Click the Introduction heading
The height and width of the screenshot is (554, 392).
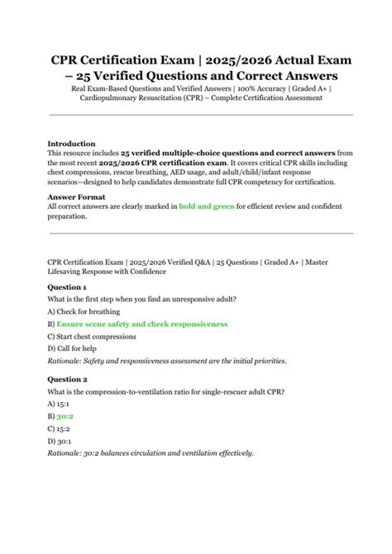tap(71, 144)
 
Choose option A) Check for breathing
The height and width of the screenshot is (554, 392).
tap(84, 312)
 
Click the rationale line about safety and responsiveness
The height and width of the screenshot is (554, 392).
tap(167, 362)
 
